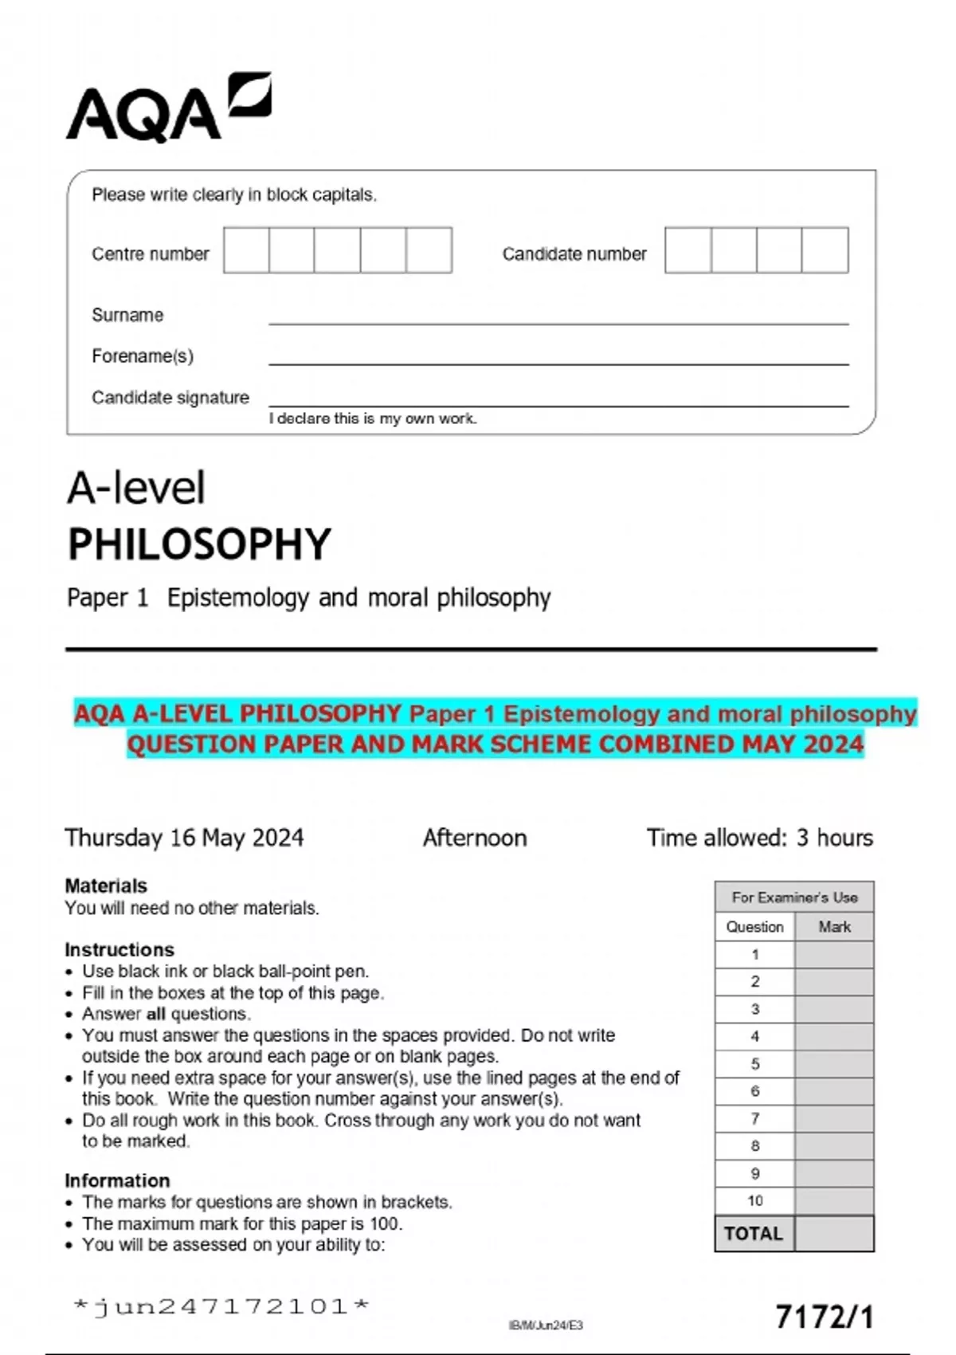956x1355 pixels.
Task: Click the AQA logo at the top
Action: tap(167, 109)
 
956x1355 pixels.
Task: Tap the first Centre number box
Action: tap(246, 250)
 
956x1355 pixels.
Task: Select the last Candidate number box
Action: tap(825, 250)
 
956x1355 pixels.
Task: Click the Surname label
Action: tap(127, 315)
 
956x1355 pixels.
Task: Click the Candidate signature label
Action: tap(170, 397)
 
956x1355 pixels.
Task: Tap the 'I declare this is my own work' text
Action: tap(373, 418)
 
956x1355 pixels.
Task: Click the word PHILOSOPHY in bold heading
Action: tap(199, 544)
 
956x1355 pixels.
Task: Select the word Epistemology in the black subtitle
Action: tap(237, 598)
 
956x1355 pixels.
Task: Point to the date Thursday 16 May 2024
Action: tap(184, 838)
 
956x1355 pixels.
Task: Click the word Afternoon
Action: tap(475, 838)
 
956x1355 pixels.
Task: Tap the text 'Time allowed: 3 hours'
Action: tap(759, 838)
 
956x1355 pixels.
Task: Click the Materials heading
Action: tap(106, 886)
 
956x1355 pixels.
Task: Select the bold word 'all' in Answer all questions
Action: tap(156, 1014)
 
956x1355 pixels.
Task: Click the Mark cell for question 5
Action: tap(833, 1064)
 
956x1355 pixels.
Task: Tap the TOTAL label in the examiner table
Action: tap(754, 1234)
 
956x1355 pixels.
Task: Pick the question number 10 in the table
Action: tap(754, 1200)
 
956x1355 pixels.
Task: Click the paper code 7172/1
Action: tap(824, 1317)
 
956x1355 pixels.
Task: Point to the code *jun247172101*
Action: tap(221, 1306)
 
